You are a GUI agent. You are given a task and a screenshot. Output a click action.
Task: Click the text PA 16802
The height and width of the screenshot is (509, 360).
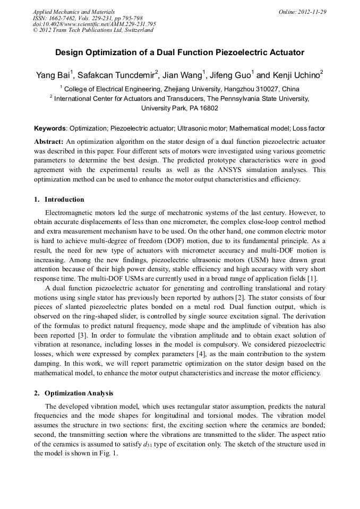(x=202, y=108)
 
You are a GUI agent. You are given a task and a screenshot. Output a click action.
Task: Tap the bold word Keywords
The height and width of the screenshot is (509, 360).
(x=50, y=128)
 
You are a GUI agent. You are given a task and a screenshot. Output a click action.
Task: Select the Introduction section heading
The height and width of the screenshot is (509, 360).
(x=64, y=200)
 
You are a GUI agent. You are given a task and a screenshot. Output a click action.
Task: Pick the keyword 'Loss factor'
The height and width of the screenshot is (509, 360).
(x=309, y=128)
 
